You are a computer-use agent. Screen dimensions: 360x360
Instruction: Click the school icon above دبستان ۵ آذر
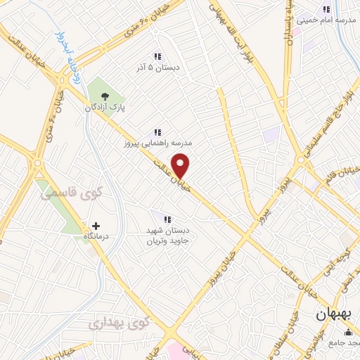pos(157,56)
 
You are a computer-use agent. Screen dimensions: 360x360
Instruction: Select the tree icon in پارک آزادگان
pos(105,96)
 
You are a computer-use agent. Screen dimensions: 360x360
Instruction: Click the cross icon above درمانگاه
pos(96,226)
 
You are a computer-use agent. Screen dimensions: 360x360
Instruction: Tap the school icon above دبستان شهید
pos(167,219)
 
